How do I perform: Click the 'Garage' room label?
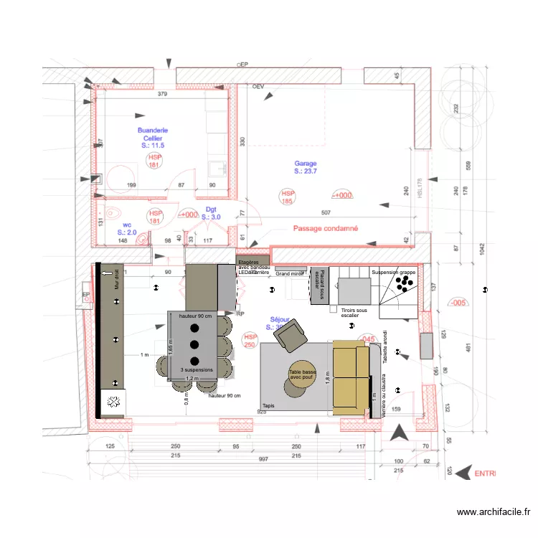pos(305,164)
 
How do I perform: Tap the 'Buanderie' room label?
pos(153,131)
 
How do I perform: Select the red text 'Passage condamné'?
pos(326,229)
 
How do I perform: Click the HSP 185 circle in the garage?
pos(288,197)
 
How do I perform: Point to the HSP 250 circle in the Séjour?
pos(250,341)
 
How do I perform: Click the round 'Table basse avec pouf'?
pos(303,377)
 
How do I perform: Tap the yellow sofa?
pos(350,377)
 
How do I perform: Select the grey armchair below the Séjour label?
pos(291,334)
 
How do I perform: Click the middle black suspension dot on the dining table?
pos(194,344)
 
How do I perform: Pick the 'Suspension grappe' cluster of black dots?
pos(404,285)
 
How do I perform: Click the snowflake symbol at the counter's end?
pos(113,402)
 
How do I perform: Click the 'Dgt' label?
pos(211,209)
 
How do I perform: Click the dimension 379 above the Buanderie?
pos(162,94)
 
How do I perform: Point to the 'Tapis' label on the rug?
pos(269,405)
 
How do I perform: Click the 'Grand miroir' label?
pos(290,274)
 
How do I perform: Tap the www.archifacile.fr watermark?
pos(494,512)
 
